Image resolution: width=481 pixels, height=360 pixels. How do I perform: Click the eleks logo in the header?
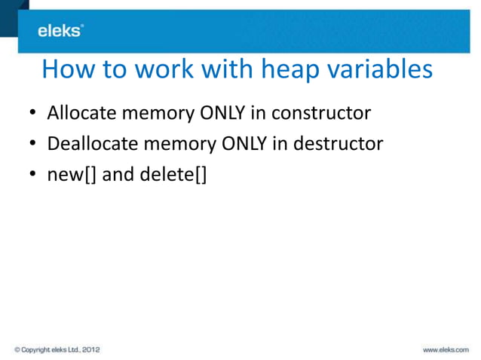(60, 30)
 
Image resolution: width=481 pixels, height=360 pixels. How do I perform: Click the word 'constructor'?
(321, 114)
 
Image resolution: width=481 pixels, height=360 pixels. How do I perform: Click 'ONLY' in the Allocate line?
(222, 114)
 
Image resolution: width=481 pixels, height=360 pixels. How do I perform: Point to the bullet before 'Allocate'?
(33, 115)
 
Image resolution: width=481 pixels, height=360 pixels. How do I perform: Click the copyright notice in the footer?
(57, 349)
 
